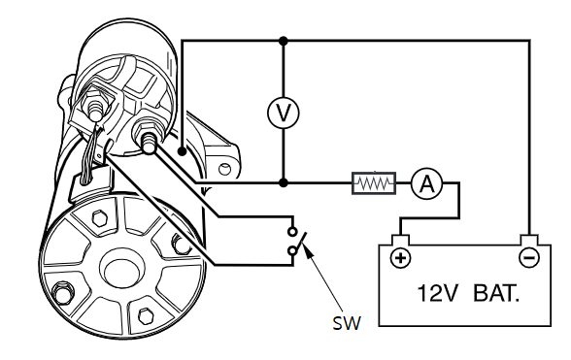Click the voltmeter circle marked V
pyautogui.click(x=283, y=113)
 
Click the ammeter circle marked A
pyautogui.click(x=427, y=183)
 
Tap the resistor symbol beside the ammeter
pyautogui.click(x=374, y=183)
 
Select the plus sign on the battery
pyautogui.click(x=400, y=258)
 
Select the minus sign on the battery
pyautogui.click(x=528, y=258)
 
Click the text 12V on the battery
pyautogui.click(x=436, y=293)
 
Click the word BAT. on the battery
pyautogui.click(x=496, y=293)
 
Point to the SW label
pyautogui.click(x=347, y=323)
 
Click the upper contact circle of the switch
pyautogui.click(x=292, y=232)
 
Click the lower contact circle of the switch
pyautogui.click(x=292, y=250)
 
